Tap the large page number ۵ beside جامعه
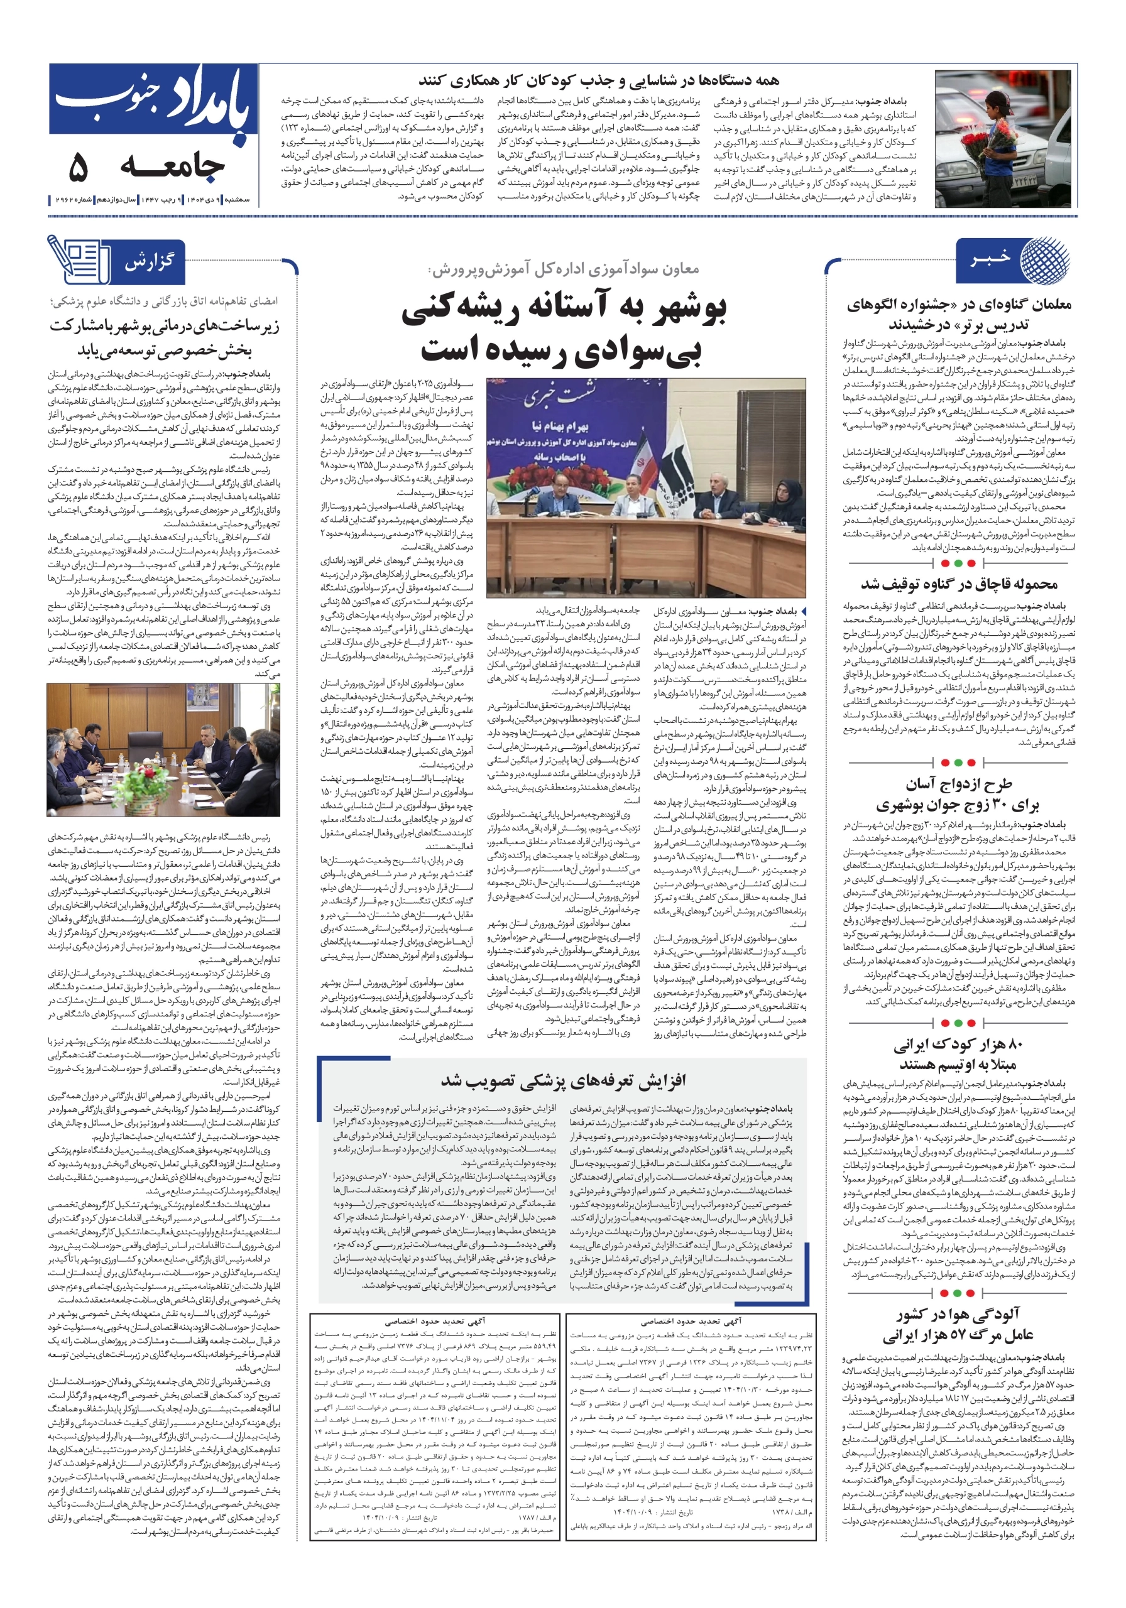pos(78,166)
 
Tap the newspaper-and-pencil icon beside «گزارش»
pos(79,259)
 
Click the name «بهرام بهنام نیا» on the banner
pos(560,426)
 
